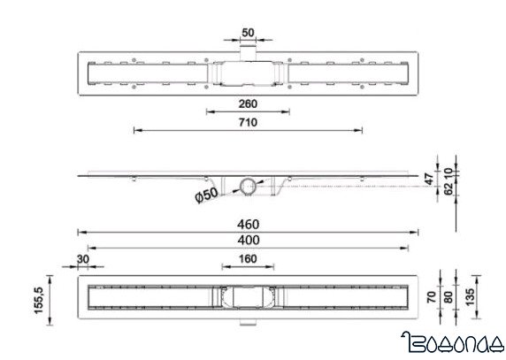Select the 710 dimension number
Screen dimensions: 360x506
(247, 123)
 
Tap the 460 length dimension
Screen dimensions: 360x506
(247, 225)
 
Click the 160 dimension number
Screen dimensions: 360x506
(247, 260)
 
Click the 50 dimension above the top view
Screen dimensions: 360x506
(248, 33)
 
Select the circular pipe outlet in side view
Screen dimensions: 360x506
(248, 186)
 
